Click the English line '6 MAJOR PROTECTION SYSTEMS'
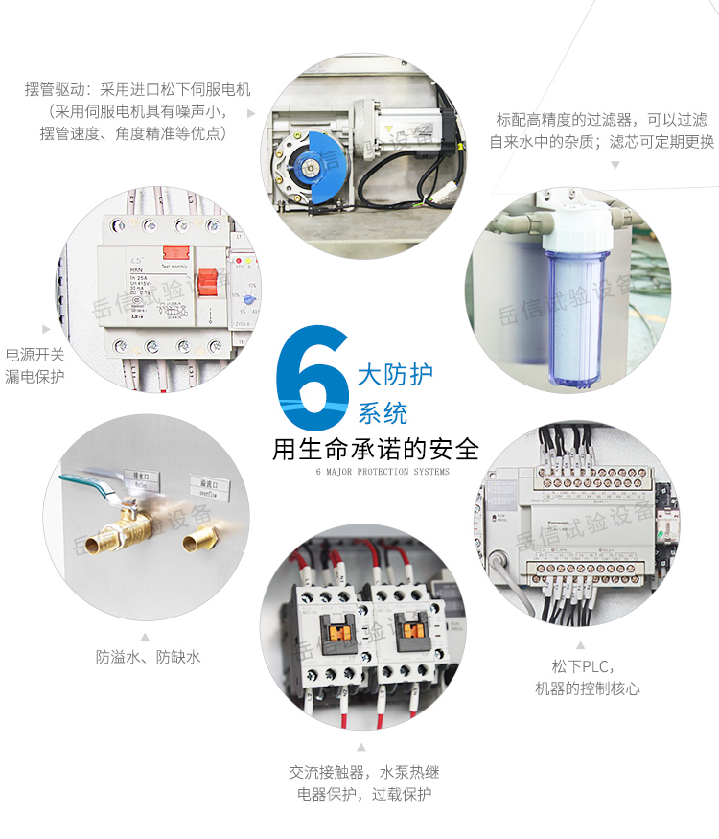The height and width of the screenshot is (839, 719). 382,472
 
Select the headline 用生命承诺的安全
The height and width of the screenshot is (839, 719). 375,449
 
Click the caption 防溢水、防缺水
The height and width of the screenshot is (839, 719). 148,657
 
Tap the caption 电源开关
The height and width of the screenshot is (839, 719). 35,355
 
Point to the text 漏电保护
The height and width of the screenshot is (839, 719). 35,377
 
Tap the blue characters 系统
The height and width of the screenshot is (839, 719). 383,413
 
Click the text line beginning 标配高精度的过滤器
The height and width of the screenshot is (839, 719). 601,120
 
